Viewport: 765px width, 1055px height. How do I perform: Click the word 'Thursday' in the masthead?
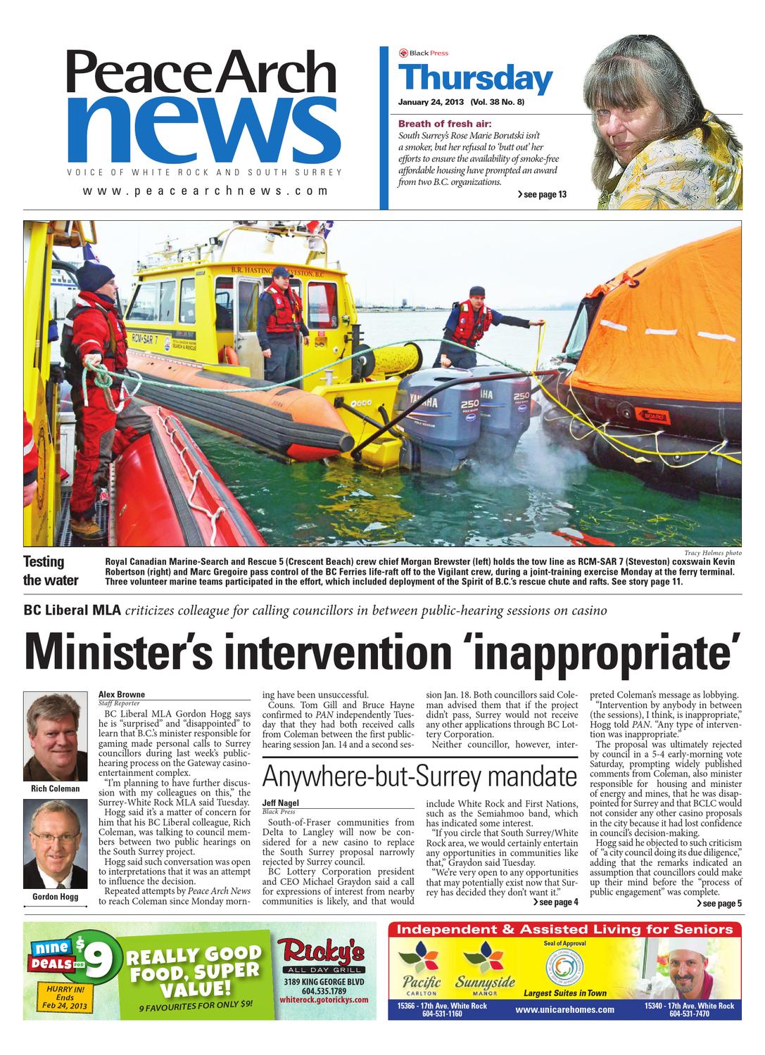click(475, 78)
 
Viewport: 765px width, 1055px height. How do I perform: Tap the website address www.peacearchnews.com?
click(206, 191)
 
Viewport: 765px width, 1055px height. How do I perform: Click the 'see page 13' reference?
click(541, 195)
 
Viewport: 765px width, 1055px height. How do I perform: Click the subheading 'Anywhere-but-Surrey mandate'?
click(419, 777)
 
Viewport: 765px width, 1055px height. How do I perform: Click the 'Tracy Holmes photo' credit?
click(712, 553)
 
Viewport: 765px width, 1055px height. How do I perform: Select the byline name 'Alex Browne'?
click(121, 694)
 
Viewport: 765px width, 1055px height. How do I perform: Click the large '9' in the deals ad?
click(105, 959)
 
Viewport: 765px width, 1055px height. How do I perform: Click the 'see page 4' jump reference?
click(555, 902)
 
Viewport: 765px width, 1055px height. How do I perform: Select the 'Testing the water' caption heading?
click(51, 570)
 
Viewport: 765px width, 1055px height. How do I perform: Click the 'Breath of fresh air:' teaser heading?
click(440, 123)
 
